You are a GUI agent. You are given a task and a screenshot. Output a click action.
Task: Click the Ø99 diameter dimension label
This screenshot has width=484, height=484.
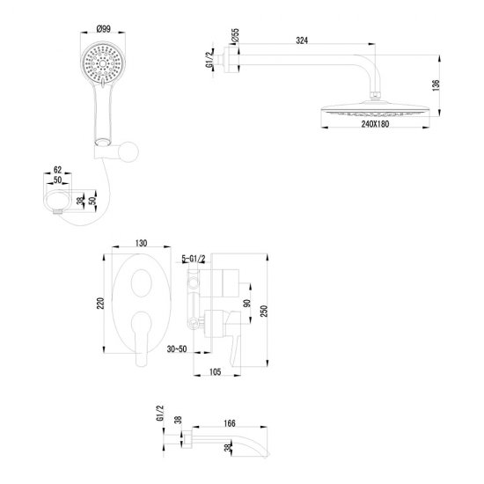click(x=104, y=29)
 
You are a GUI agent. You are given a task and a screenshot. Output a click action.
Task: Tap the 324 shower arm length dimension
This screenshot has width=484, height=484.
click(x=302, y=40)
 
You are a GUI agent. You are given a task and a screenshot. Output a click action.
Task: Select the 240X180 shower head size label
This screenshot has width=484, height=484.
click(x=375, y=124)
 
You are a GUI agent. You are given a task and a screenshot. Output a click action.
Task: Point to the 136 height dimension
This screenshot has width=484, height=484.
click(x=436, y=85)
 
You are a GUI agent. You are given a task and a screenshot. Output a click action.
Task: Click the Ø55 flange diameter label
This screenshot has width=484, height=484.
click(x=235, y=35)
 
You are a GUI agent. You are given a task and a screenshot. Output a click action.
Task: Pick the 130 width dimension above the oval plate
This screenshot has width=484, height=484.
click(x=141, y=243)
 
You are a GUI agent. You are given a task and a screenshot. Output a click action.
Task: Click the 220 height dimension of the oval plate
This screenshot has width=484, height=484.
click(x=100, y=304)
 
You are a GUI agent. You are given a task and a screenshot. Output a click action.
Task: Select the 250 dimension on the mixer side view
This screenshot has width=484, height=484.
click(x=264, y=312)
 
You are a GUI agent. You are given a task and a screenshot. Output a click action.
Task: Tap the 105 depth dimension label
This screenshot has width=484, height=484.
click(x=215, y=372)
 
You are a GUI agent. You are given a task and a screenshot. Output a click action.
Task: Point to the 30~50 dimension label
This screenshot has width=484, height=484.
click(x=177, y=349)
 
